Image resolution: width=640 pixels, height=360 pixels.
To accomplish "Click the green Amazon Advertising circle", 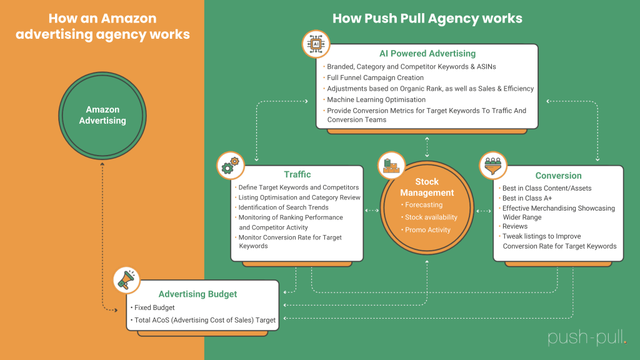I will [x=102, y=115].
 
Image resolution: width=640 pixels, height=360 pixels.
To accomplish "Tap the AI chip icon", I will [x=315, y=44].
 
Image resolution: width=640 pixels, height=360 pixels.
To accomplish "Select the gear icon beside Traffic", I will [x=230, y=166].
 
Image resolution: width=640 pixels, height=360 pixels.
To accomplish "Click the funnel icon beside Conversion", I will [x=493, y=166].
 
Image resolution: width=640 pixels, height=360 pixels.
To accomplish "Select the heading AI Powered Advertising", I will [x=427, y=54].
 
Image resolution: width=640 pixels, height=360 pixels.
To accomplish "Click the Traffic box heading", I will [x=297, y=174].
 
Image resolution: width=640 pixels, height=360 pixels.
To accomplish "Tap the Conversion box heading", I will [x=558, y=176].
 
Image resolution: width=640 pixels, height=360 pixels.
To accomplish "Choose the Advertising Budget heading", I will [x=197, y=294].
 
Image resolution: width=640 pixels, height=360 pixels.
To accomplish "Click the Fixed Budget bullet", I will [x=154, y=307].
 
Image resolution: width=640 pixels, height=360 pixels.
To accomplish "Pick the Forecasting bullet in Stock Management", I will [x=423, y=204].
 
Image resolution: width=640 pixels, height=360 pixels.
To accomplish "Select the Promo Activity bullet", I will [x=427, y=229].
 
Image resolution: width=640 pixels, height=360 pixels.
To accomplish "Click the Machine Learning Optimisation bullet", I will [x=376, y=99].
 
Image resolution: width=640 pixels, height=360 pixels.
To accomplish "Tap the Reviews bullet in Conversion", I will [x=514, y=226].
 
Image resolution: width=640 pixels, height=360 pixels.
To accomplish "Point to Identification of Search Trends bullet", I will [x=282, y=207].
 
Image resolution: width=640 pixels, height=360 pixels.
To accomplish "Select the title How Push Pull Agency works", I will [x=427, y=18].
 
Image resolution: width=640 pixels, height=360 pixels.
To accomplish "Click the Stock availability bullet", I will [x=431, y=217].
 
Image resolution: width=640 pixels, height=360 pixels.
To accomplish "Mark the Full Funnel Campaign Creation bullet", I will [x=375, y=77].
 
